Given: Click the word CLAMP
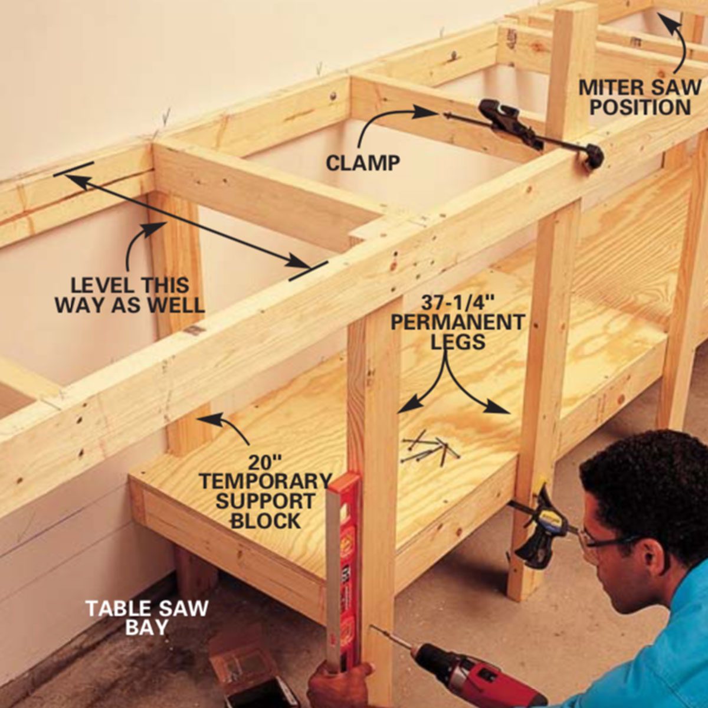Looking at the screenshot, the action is (x=363, y=163).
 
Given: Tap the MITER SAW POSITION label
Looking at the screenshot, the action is (x=640, y=97).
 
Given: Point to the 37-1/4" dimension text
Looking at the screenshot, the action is (x=457, y=304).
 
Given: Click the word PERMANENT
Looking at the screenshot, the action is (x=458, y=323).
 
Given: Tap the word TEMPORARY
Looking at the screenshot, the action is (x=265, y=481).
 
